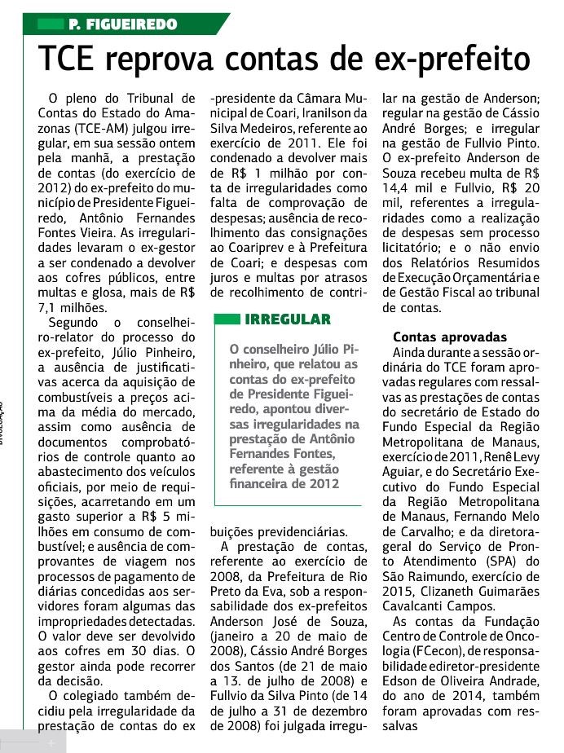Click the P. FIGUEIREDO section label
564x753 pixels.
point(123,25)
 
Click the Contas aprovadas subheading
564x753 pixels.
point(450,337)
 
